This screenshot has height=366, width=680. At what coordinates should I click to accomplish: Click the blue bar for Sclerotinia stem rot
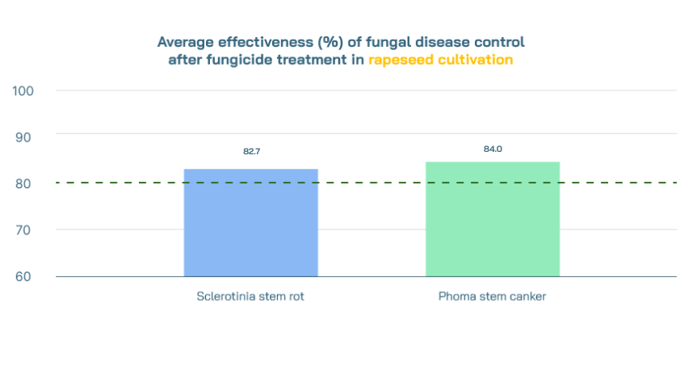coord(251,222)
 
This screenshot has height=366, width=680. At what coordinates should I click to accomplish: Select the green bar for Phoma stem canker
coord(493,219)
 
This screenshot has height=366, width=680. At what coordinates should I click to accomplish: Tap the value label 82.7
coord(251,151)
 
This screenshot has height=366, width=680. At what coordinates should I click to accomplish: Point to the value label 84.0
coord(493,149)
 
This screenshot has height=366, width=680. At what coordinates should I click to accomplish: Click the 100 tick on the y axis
coord(23,90)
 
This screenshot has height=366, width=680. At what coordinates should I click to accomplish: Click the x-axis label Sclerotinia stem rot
coord(250,296)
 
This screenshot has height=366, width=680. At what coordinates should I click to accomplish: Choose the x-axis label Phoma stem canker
coord(492,296)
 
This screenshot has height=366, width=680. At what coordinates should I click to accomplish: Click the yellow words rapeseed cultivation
coord(440,60)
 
